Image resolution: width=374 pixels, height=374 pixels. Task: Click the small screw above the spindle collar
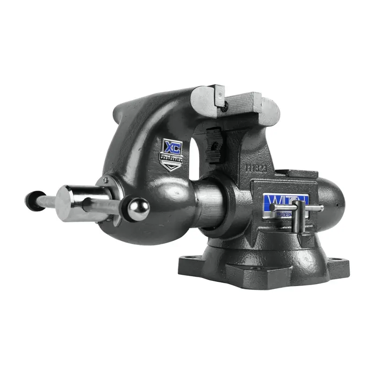coord(106,180)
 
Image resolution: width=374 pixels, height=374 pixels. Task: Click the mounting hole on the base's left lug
coord(193,256)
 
